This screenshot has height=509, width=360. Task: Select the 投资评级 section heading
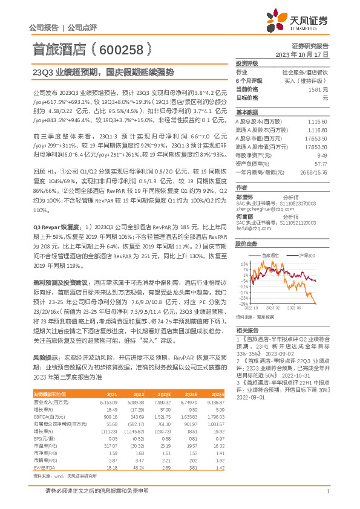[x=246, y=63]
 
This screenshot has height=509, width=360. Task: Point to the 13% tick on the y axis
[x=244, y=265]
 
